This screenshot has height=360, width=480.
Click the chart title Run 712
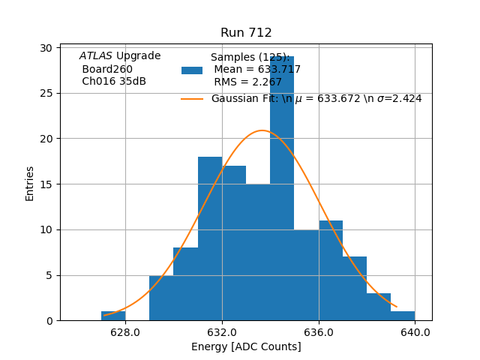pyautogui.click(x=246, y=33)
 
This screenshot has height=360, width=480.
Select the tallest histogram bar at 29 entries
pyautogui.click(x=282, y=187)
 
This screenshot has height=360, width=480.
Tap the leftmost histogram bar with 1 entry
pyautogui.click(x=113, y=316)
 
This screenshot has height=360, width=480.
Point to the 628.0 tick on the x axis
pyautogui.click(x=125, y=331)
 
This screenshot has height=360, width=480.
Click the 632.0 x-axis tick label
pyautogui.click(x=222, y=331)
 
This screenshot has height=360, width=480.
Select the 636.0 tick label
pyautogui.click(x=319, y=331)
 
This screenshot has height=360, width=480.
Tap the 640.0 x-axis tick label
pyautogui.click(x=415, y=331)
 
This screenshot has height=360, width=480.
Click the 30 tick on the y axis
pyautogui.click(x=46, y=48)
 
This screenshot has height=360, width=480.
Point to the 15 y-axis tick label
pyautogui.click(x=46, y=184)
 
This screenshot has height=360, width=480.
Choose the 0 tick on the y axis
pyautogui.click(x=49, y=321)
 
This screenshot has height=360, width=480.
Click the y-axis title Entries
pyautogui.click(x=30, y=183)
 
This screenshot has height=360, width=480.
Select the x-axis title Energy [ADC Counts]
pyautogui.click(x=246, y=346)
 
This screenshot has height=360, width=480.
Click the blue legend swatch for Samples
pyautogui.click(x=192, y=70)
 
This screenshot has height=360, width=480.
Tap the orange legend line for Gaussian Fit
pyautogui.click(x=192, y=99)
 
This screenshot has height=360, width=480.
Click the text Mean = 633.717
pyautogui.click(x=257, y=70)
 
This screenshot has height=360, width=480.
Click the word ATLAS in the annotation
pyautogui.click(x=96, y=56)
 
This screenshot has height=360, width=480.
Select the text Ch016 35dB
pyautogui.click(x=114, y=82)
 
